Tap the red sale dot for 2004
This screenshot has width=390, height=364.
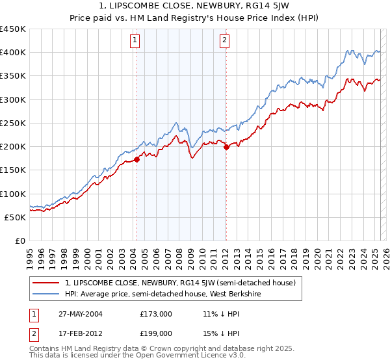(x=137, y=159)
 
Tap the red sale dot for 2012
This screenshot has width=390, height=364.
(x=226, y=148)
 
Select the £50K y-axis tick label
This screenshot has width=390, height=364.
(x=15, y=217)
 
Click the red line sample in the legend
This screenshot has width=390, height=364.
(x=46, y=283)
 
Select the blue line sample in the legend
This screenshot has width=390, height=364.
(x=46, y=294)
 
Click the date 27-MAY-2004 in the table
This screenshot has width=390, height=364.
(x=78, y=313)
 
